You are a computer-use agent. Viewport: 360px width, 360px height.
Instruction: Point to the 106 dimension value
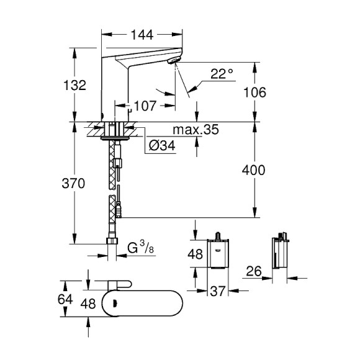pos(254,92)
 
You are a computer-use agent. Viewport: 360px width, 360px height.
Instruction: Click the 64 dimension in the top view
pos(65,299)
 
